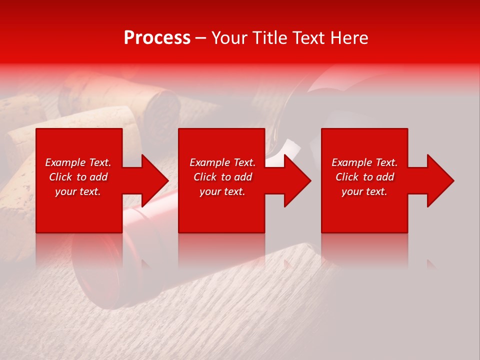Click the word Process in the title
coord(157,38)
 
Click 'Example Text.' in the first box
coord(78,162)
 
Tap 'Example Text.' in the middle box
coord(222,162)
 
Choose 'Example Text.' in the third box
coord(364,162)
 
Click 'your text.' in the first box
coord(78,191)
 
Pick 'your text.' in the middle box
coord(222,191)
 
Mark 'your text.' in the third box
coord(364,191)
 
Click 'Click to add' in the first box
coord(78,177)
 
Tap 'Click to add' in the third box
coord(364,177)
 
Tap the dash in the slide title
coord(201,38)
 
